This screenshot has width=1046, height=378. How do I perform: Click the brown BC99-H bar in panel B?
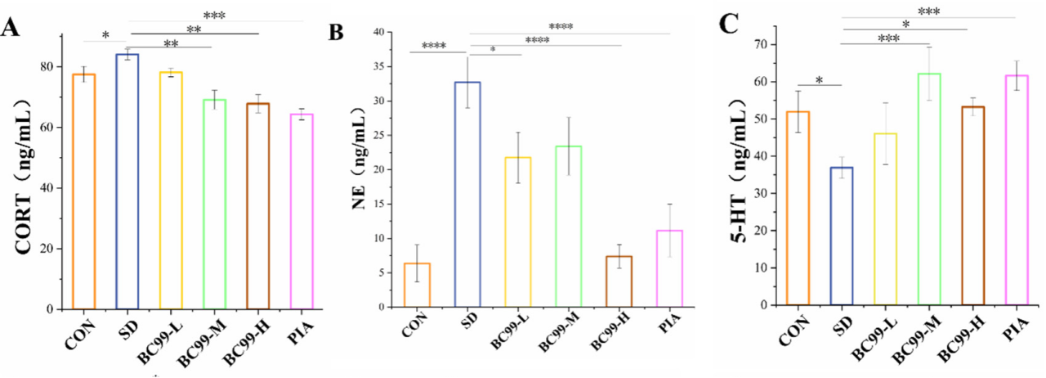click(620, 281)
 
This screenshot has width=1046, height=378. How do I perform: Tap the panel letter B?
click(336, 33)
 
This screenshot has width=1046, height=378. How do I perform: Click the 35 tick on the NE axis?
click(378, 67)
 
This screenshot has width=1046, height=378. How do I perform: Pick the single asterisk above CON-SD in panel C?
click(819, 80)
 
